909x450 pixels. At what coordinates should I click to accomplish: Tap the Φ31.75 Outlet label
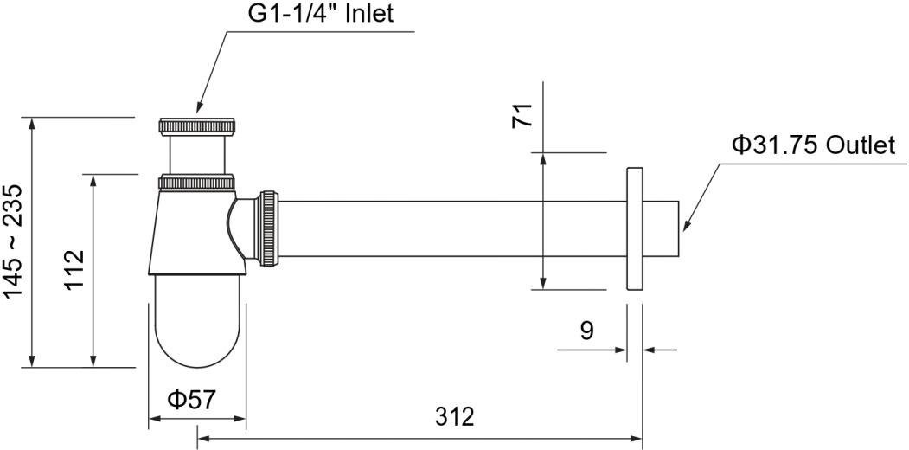click(813, 145)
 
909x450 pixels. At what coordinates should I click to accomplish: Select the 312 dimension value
click(455, 416)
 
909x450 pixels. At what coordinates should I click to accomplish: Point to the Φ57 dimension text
click(192, 400)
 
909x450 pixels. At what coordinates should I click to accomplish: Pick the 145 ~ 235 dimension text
click(15, 241)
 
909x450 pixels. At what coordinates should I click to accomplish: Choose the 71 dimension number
click(523, 115)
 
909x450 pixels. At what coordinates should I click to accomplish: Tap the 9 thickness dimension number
click(586, 330)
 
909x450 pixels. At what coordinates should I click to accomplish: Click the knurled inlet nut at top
click(197, 125)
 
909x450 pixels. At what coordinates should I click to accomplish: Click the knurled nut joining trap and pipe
click(268, 227)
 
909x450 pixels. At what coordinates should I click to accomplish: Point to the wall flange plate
click(633, 229)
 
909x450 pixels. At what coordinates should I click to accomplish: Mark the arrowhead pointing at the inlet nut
click(200, 109)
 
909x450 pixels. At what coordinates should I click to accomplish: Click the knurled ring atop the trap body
click(197, 183)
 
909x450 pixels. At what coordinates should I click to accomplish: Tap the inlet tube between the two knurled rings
click(197, 154)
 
